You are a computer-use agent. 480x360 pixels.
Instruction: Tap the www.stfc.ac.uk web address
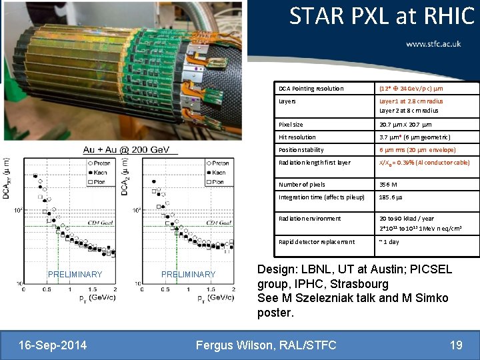pyautogui.click(x=433, y=44)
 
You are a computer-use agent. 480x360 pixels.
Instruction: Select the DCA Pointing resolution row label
pyautogui.click(x=311, y=89)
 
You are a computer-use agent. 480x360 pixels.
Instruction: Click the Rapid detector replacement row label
pyautogui.click(x=317, y=242)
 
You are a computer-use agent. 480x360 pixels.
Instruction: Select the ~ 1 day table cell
pyautogui.click(x=389, y=242)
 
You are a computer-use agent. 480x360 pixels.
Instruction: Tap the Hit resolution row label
pyautogui.click(x=297, y=137)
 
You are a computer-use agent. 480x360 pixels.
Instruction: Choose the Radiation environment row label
pyautogui.click(x=310, y=219)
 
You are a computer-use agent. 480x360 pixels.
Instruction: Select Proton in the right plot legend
pyautogui.click(x=217, y=163)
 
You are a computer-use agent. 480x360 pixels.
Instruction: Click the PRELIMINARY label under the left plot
pyautogui.click(x=75, y=275)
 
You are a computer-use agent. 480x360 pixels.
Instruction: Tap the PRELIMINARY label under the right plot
pyautogui.click(x=189, y=275)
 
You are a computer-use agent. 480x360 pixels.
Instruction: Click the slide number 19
pyautogui.click(x=456, y=345)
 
